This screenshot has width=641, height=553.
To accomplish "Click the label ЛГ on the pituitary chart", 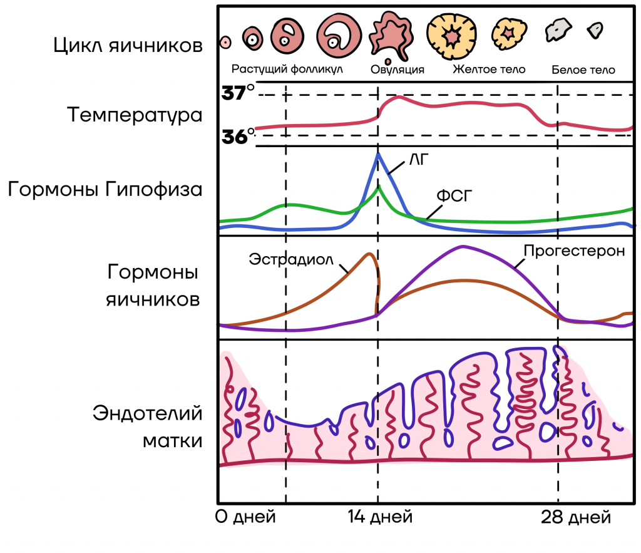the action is (x=419, y=159).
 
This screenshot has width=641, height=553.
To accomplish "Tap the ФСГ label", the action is (x=454, y=196).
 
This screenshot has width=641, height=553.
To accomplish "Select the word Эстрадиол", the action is (x=291, y=259).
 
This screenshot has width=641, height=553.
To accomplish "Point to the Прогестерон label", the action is (x=575, y=251).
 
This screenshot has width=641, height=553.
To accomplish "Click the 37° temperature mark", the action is (x=238, y=93).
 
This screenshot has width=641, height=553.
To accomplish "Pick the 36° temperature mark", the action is (x=238, y=136).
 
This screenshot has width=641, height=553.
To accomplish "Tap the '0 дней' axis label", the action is (x=245, y=517).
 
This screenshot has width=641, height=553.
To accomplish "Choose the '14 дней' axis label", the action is (x=380, y=517).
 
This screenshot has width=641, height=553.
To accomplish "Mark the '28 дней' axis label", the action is (x=576, y=517).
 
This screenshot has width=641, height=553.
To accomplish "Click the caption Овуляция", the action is (x=397, y=69).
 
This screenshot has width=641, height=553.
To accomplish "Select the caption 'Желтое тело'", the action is (x=489, y=69).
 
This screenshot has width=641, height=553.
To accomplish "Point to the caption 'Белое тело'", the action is (x=583, y=70).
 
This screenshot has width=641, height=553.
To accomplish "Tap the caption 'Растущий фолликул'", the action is (x=287, y=69).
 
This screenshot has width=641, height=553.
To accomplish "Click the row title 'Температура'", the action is (x=135, y=115).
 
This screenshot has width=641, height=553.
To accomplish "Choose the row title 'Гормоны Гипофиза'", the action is (x=105, y=189).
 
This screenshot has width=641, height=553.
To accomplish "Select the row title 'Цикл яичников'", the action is (x=128, y=45).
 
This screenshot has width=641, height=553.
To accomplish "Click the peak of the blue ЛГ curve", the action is (x=379, y=154).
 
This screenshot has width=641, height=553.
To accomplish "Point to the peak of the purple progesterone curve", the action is (x=463, y=246).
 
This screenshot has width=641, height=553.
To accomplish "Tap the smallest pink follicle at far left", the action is (x=225, y=42).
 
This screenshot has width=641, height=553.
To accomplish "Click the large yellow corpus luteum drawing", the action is (x=452, y=36).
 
